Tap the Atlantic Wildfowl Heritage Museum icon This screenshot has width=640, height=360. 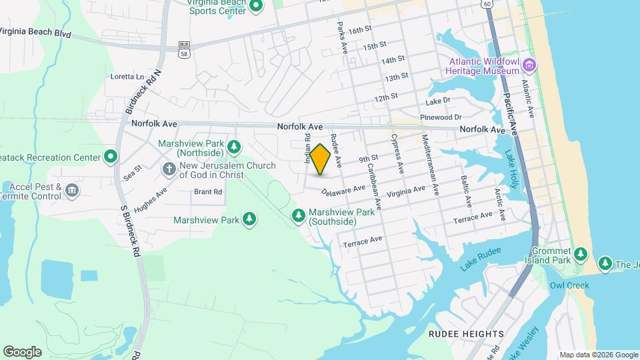pyautogui.click(x=530, y=65)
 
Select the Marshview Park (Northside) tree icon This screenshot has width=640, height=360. pyautogui.click(x=233, y=146)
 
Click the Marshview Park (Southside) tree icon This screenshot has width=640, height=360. pyautogui.click(x=299, y=215)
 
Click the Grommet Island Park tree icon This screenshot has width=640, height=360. pyautogui.click(x=581, y=254)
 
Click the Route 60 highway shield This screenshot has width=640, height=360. pyautogui.click(x=489, y=4)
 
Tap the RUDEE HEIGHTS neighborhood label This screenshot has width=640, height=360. pyautogui.click(x=466, y=334)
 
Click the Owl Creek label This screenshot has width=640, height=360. pyautogui.click(x=569, y=285)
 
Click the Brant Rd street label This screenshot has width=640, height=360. pyautogui.click(x=208, y=192)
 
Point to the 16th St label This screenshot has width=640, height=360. pyautogui.click(x=359, y=30)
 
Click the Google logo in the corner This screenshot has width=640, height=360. pyautogui.click(x=22, y=351)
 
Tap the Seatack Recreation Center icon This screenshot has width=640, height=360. pyautogui.click(x=111, y=157)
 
